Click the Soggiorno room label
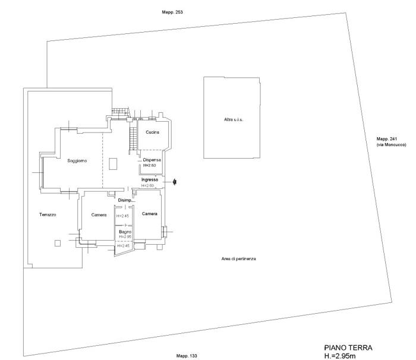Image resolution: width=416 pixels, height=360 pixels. [x=77, y=161]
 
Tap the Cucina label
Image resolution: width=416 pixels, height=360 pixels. [x=153, y=132]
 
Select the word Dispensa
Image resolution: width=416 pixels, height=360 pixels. [x=152, y=160]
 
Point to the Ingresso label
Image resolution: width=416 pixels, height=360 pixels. [x=150, y=179]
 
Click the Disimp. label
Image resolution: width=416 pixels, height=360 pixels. [x=125, y=200]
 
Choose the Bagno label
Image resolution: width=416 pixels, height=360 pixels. [x=125, y=232]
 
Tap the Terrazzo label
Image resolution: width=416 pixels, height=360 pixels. [x=48, y=214]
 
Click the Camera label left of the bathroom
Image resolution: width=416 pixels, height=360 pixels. [x=99, y=215]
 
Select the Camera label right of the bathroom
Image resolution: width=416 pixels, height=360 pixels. [x=150, y=213]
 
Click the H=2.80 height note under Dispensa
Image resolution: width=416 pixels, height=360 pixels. [x=150, y=165]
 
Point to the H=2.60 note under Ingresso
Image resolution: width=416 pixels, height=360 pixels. [x=148, y=186]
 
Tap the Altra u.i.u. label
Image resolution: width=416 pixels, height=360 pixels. [x=234, y=119]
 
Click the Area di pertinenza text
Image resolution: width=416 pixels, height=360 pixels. [x=239, y=258]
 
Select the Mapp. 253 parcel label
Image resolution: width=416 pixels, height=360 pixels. [x=172, y=12]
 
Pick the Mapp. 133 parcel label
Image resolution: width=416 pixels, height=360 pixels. [x=187, y=356]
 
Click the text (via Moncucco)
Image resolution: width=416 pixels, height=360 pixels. [x=391, y=145]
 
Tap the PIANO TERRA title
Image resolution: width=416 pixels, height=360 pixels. [x=348, y=348]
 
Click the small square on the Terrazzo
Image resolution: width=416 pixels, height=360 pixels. [x=58, y=243]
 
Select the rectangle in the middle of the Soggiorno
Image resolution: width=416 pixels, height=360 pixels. [x=113, y=164]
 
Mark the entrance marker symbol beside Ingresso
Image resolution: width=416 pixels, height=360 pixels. [x=175, y=182]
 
